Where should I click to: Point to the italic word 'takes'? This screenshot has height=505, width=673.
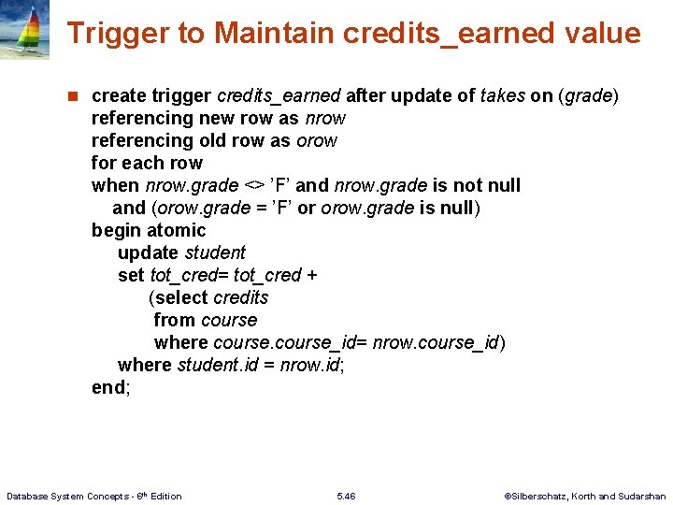[x=501, y=95]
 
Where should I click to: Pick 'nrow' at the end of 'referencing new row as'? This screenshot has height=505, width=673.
[x=324, y=118]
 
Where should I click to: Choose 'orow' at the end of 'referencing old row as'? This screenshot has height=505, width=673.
[x=317, y=140]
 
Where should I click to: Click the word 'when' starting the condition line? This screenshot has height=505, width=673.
[x=115, y=185]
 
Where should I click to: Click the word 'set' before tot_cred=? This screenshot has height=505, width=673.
[x=131, y=275]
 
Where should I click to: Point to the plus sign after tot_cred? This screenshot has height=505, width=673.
[x=312, y=275]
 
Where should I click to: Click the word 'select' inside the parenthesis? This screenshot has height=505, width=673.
[x=181, y=297]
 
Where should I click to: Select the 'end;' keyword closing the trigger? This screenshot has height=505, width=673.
[x=111, y=387]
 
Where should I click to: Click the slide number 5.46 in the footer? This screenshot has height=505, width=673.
[x=345, y=496]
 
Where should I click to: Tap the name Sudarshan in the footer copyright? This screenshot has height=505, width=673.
[x=641, y=496]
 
